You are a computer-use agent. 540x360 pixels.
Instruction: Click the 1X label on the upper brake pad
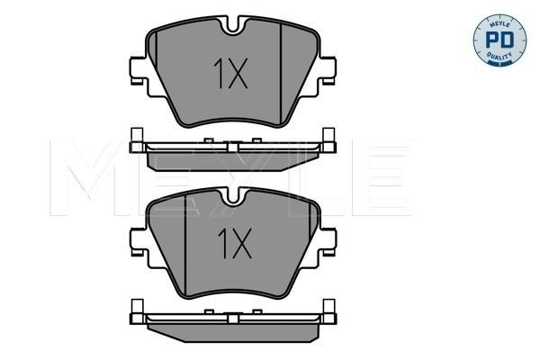[x=230, y=76]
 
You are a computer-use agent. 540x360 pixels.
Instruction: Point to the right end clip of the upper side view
[x=329, y=142]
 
